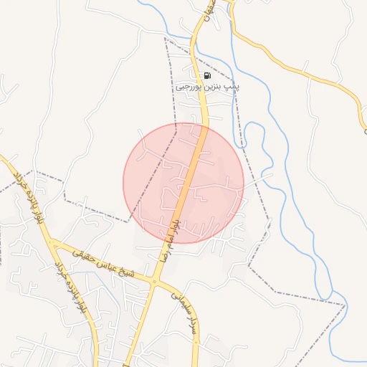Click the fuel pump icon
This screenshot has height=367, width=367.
[207, 75]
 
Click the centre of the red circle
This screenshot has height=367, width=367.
[183, 183]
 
